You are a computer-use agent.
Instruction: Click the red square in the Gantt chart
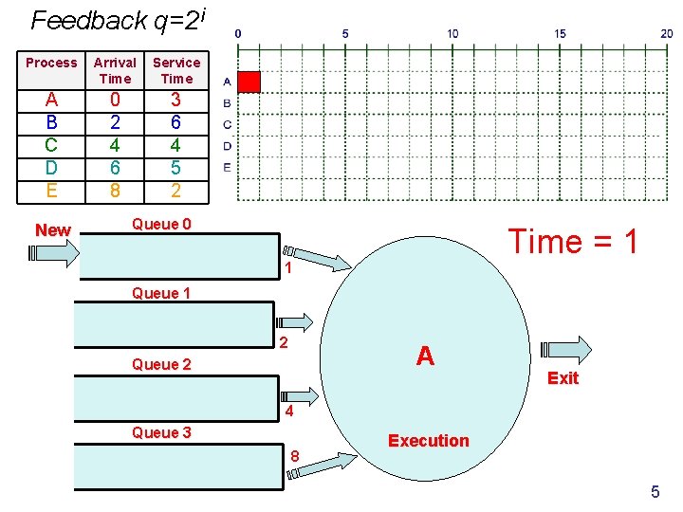pyautogui.click(x=249, y=82)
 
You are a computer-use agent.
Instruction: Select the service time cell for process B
pyautogui.click(x=175, y=122)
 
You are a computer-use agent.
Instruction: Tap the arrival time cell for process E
pyautogui.click(x=115, y=191)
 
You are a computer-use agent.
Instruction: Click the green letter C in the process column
pyautogui.click(x=51, y=145)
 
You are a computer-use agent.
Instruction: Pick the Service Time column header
pyautogui.click(x=176, y=70)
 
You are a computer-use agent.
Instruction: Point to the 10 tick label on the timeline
pyautogui.click(x=452, y=33)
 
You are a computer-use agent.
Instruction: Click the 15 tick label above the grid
pyautogui.click(x=561, y=33)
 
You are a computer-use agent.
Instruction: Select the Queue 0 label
pyautogui.click(x=161, y=224)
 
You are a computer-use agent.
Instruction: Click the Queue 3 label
pyautogui.click(x=161, y=432)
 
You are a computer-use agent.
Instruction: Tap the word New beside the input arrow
pyautogui.click(x=53, y=229)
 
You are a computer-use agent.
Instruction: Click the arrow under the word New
pyautogui.click(x=54, y=253)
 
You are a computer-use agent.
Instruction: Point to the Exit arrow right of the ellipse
pyautogui.click(x=566, y=350)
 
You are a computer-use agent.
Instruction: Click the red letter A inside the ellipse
pyautogui.click(x=425, y=356)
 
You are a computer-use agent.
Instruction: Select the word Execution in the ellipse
pyautogui.click(x=429, y=441)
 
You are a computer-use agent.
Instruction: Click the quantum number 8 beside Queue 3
pyautogui.click(x=295, y=456)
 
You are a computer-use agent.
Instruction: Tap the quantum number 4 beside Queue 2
pyautogui.click(x=289, y=411)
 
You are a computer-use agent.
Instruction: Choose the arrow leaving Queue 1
pyautogui.click(x=294, y=322)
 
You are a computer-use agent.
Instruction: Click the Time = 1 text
pyautogui.click(x=573, y=241)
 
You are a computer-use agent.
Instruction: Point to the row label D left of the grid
pyautogui.click(x=227, y=146)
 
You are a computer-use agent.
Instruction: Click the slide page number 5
pyautogui.click(x=655, y=491)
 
